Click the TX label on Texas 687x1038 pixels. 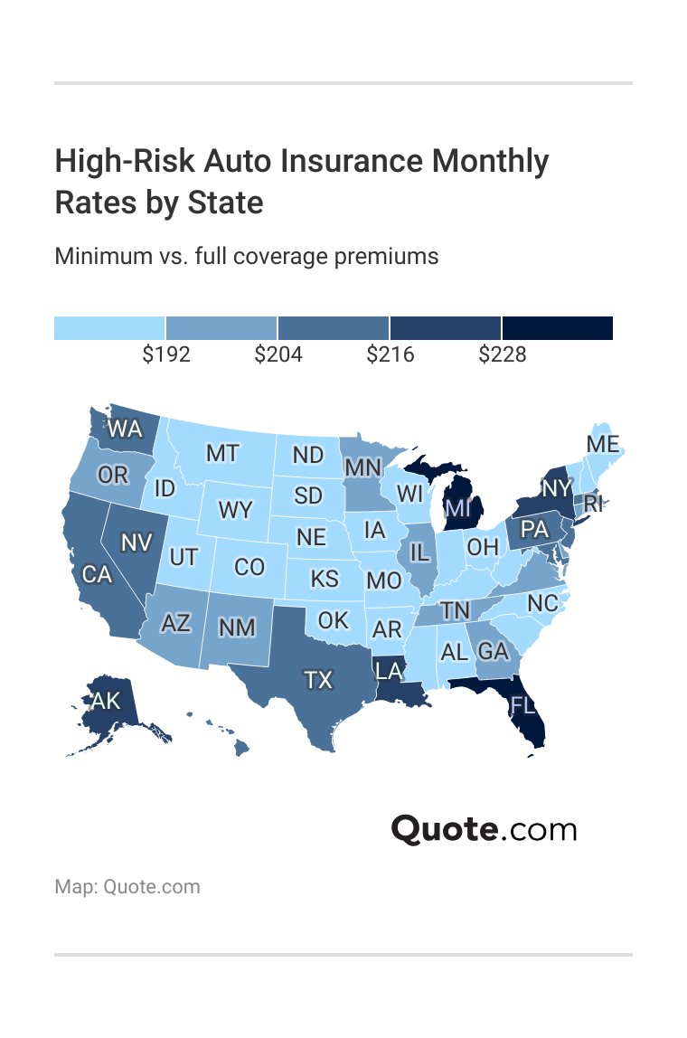(x=318, y=680)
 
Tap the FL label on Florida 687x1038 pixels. (x=522, y=704)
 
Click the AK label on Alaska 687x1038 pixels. (x=106, y=701)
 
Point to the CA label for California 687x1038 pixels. (x=97, y=574)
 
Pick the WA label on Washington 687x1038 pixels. (x=125, y=429)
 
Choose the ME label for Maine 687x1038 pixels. (x=602, y=444)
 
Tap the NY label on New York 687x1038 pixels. (x=557, y=488)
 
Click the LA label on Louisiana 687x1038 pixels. (x=390, y=670)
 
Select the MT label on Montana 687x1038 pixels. (x=222, y=453)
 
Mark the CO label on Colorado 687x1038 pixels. (x=249, y=567)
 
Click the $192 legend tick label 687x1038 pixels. (x=166, y=354)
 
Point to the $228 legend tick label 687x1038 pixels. (x=503, y=354)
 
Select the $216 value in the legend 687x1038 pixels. (x=391, y=354)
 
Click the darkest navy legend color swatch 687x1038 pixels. (x=558, y=328)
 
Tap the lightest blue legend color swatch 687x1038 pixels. (x=109, y=328)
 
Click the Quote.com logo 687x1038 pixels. (x=484, y=828)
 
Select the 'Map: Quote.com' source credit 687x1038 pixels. (x=127, y=886)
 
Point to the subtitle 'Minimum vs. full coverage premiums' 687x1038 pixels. (x=247, y=256)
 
